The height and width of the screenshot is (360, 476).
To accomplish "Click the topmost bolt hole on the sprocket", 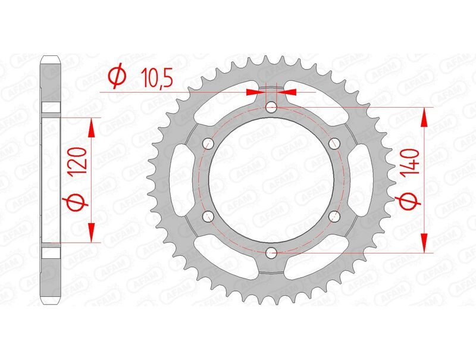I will tap(271, 108).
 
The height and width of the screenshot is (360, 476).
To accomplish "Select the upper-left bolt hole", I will tap(208, 143).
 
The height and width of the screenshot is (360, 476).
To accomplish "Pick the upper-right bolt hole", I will tap(334, 143).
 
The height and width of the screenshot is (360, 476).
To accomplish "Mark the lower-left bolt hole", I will tap(208, 217).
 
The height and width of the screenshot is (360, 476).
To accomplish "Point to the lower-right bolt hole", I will tap(334, 217).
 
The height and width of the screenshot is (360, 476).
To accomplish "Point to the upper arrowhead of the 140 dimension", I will tap(424, 117).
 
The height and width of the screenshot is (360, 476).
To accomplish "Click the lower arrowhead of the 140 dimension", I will tap(424, 243).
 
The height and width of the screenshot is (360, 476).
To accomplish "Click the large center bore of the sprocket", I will tap(271, 180).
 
